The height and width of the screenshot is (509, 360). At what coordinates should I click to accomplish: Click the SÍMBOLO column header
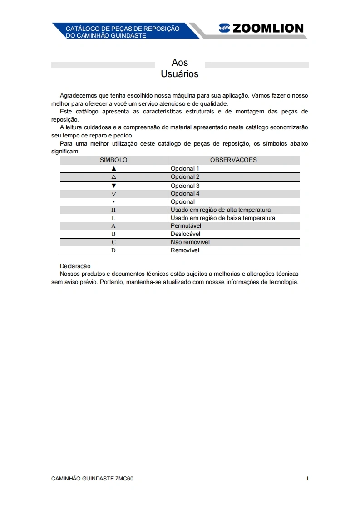point(113,160)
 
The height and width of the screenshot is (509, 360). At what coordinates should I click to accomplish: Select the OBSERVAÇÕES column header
point(233,160)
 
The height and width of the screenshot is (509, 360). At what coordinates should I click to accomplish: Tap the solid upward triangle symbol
point(113,169)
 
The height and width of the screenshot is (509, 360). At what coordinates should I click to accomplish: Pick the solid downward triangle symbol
point(113,186)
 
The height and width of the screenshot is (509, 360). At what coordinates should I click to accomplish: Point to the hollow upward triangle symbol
point(113,177)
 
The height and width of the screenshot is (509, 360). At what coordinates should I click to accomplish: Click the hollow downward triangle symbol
point(113,194)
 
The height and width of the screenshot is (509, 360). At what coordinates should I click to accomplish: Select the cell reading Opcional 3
point(185,186)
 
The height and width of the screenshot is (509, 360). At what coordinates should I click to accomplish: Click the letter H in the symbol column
point(113,210)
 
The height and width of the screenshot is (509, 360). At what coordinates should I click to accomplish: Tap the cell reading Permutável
point(186,226)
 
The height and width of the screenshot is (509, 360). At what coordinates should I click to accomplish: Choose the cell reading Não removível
point(190,242)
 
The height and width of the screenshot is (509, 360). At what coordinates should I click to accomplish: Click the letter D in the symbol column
point(113,250)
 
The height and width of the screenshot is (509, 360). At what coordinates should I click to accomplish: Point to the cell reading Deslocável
point(185,234)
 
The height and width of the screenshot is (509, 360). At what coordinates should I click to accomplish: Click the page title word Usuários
point(180,74)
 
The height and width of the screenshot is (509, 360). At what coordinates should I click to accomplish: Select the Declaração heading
point(75,266)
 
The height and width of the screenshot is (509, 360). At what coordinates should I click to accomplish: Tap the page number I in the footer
point(307,479)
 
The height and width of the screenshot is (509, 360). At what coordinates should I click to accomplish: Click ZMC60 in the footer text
point(124,479)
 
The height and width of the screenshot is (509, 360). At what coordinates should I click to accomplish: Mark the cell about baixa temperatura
point(223,218)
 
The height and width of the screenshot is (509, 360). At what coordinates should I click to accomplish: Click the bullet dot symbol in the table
point(113,202)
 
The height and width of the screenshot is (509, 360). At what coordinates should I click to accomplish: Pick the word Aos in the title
point(180,63)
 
